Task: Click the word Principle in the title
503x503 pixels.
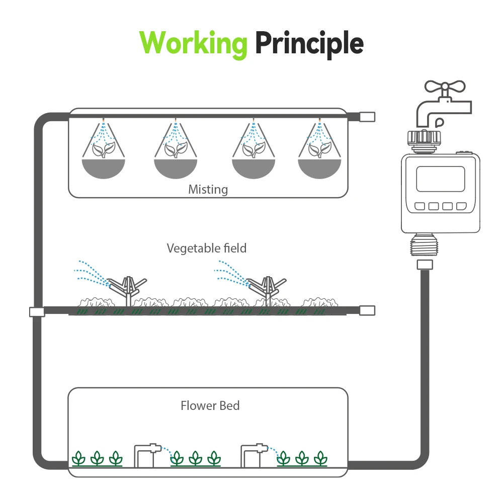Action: point(309,44)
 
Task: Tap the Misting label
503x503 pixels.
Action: point(208,190)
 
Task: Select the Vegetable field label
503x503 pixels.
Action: point(207,248)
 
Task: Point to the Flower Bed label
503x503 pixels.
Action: point(210,405)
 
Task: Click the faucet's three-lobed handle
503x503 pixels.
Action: point(441,87)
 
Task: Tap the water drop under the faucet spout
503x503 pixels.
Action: point(440,121)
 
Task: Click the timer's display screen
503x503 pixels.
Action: point(441,179)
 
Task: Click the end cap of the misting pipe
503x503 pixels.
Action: point(368,117)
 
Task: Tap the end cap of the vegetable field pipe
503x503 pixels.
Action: point(368,310)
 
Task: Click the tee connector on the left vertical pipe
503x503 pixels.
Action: point(37,312)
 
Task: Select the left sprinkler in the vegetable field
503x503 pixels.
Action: point(128,288)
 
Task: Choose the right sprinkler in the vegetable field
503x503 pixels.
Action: point(267,288)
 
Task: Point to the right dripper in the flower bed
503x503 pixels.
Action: point(254,453)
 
